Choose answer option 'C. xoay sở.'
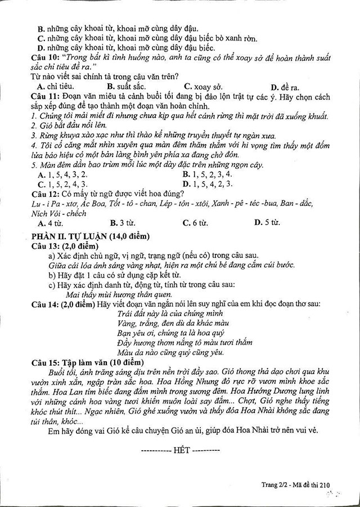[203, 87]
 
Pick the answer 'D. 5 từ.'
[267, 222]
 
